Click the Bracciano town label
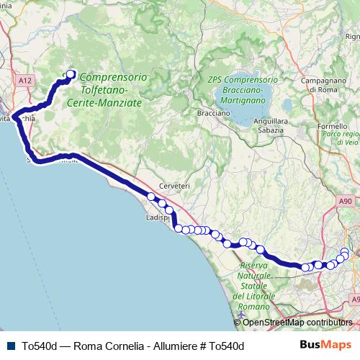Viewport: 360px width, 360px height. coord(213,113)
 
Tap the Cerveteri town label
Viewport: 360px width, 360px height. coord(175,186)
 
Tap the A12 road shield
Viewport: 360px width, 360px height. coord(26,81)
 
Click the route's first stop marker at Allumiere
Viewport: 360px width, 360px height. coord(71,73)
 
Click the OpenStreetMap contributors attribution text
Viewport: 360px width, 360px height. coord(298,323)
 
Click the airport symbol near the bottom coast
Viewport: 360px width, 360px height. coord(239,315)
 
